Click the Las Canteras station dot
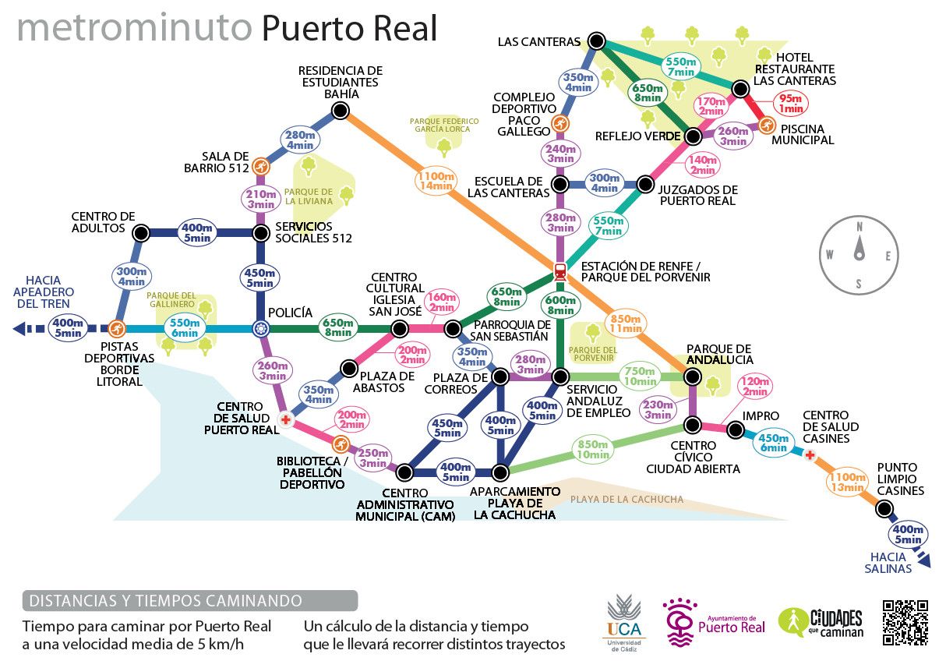click(x=597, y=41)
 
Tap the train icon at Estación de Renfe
click(x=560, y=271)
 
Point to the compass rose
click(x=858, y=253)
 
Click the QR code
click(x=905, y=621)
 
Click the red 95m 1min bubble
click(x=791, y=104)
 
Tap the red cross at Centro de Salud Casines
click(x=810, y=454)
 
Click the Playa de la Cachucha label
click(x=627, y=500)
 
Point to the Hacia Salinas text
click(x=888, y=563)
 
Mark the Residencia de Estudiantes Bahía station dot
click(x=340, y=111)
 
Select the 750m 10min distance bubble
click(x=640, y=376)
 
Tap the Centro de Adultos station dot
click(x=141, y=232)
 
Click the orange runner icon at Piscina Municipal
click(x=767, y=125)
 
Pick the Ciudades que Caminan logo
click(x=821, y=622)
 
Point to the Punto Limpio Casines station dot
click(x=884, y=509)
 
